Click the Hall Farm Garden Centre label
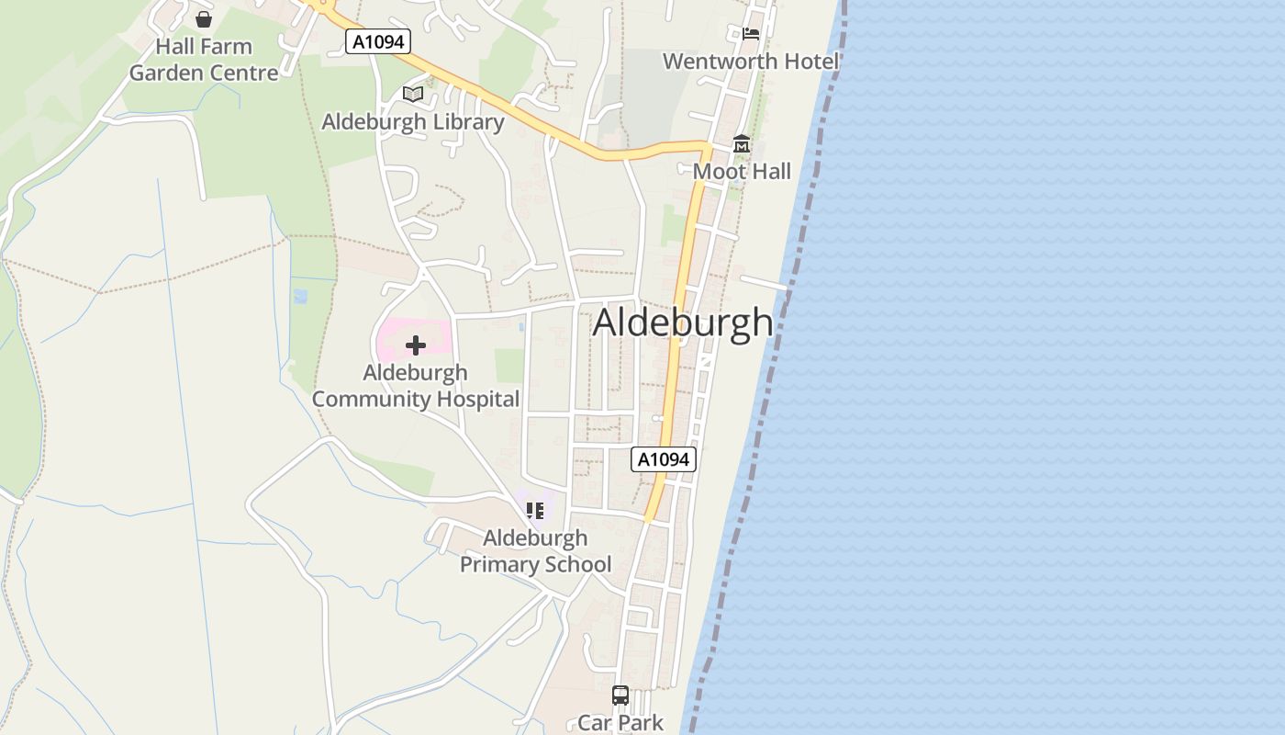[x=204, y=60]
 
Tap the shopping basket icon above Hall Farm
[x=204, y=18]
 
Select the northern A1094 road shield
[x=377, y=41]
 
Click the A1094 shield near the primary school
[x=664, y=459]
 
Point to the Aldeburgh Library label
[x=413, y=122]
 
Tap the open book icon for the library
[x=413, y=94]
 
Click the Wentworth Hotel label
[x=751, y=62]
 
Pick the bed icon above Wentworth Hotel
[x=751, y=34]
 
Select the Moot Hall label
[x=742, y=172]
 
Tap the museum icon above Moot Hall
[x=742, y=144]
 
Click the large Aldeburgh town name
[x=683, y=322]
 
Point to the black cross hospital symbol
[x=416, y=345]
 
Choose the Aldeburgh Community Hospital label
[x=416, y=386]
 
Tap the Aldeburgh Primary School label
[x=535, y=551]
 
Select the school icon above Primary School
[x=535, y=510]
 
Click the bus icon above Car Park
[x=620, y=695]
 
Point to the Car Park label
[x=620, y=723]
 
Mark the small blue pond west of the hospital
[x=300, y=296]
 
